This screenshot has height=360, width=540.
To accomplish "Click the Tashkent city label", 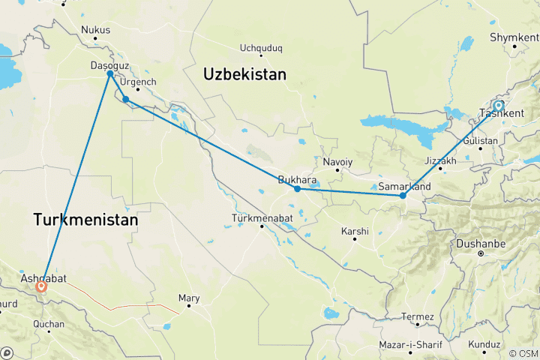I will [501, 114].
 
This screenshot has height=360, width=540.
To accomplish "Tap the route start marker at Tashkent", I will [499, 106].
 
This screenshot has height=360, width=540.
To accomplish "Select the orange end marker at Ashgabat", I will [41, 286].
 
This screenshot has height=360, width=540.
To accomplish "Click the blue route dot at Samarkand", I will [403, 196].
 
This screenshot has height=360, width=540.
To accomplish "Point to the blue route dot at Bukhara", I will [298, 189].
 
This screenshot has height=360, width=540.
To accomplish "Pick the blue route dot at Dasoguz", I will [110, 73].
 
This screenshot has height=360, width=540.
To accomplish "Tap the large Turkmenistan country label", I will [85, 220].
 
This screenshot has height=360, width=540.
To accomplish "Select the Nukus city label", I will [95, 31].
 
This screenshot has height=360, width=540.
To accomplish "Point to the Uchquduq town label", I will [261, 49].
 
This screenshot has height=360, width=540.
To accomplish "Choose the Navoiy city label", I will [337, 162].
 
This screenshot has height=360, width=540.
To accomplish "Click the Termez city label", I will [418, 316].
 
